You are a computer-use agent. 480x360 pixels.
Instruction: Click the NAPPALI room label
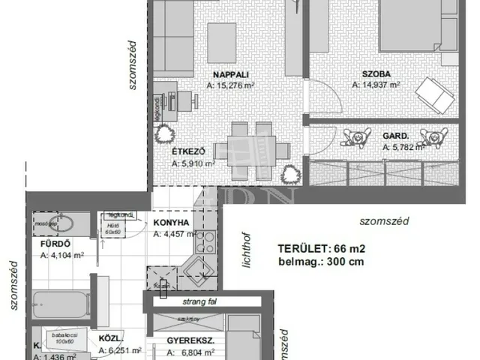pos(230,74)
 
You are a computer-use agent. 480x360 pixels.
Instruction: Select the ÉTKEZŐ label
pos(190,150)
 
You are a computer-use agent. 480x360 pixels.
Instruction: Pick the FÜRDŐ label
pos(55,244)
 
